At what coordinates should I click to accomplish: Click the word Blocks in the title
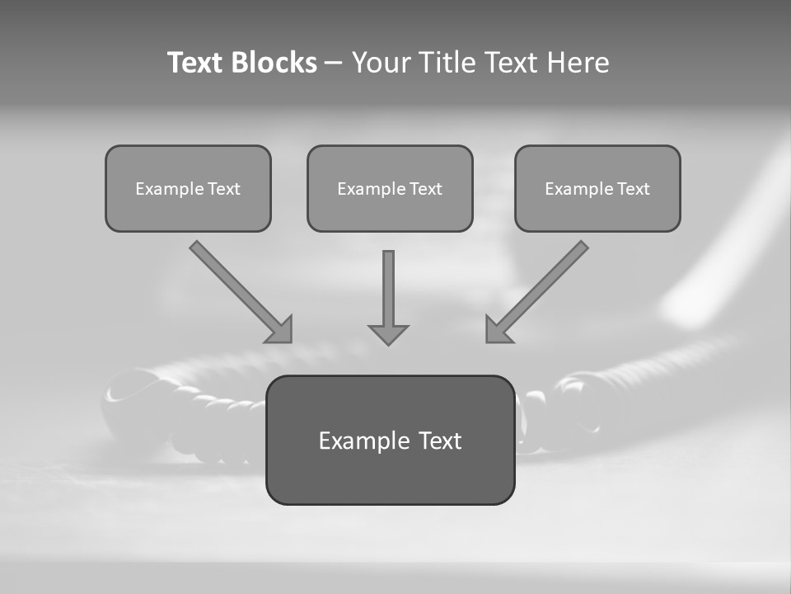pos(274,63)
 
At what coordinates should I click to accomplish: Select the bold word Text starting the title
pos(195,63)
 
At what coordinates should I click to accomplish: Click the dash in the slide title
pos(334,63)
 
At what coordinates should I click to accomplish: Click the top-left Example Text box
pos(188,188)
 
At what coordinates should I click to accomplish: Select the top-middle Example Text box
pos(390,188)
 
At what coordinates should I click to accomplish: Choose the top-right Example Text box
pos(597,188)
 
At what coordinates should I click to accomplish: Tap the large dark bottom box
pos(390,441)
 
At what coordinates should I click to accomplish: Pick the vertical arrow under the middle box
pos(388,293)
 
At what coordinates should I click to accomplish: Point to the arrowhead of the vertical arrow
pos(388,334)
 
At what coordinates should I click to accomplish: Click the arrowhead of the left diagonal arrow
pos(281,331)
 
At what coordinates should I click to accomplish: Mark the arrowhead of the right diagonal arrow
pos(496,331)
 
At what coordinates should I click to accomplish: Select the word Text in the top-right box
pos(634,189)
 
